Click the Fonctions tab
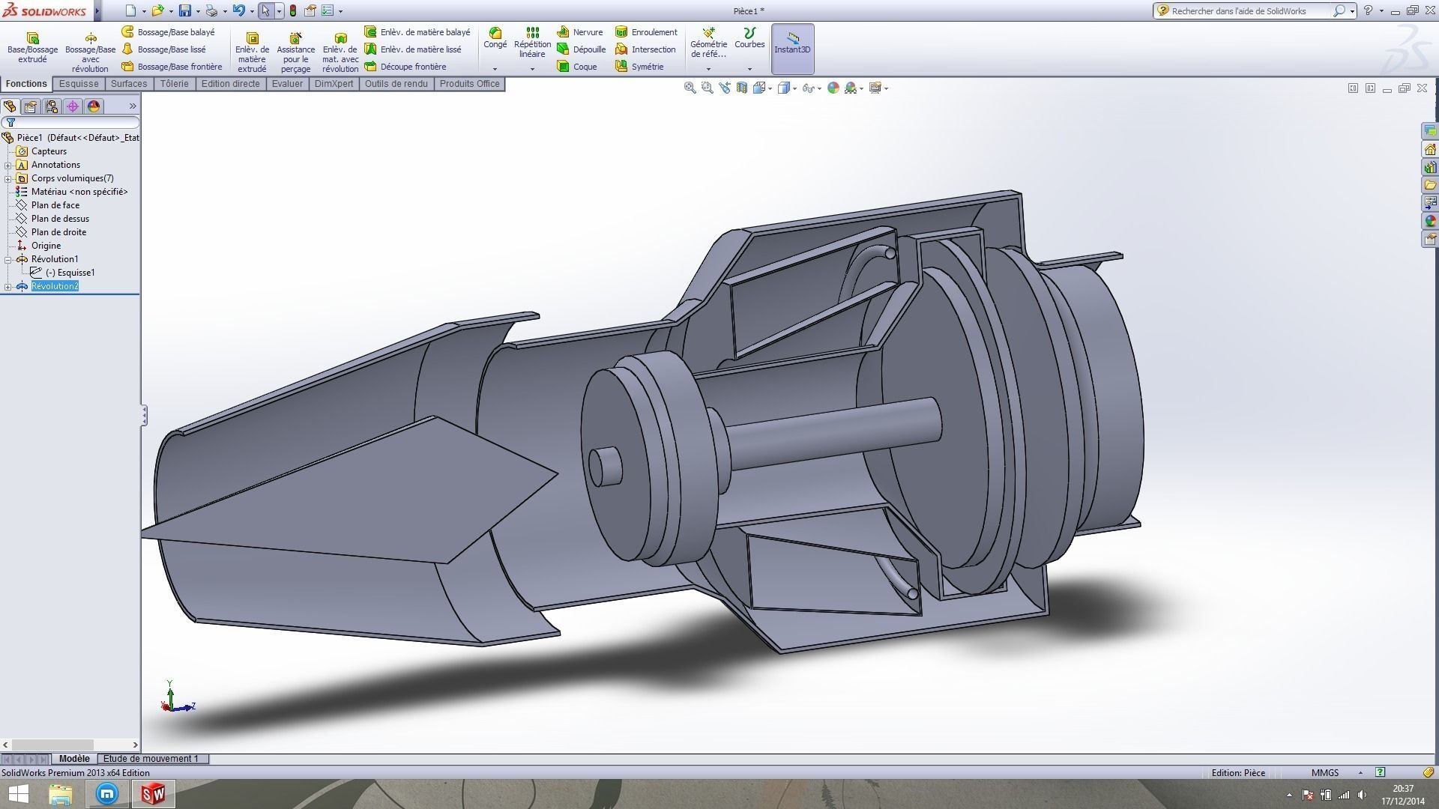(x=26, y=84)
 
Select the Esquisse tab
(x=79, y=84)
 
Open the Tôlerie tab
(x=174, y=84)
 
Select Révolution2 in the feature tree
(x=55, y=286)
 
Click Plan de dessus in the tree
(x=60, y=219)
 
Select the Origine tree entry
(x=46, y=246)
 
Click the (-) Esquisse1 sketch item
(x=70, y=273)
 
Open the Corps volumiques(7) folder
(x=72, y=178)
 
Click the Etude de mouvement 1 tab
(x=151, y=759)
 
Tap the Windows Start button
(x=18, y=794)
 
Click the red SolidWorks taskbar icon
(x=154, y=794)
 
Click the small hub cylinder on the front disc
(x=605, y=467)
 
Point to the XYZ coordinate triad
(x=175, y=700)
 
